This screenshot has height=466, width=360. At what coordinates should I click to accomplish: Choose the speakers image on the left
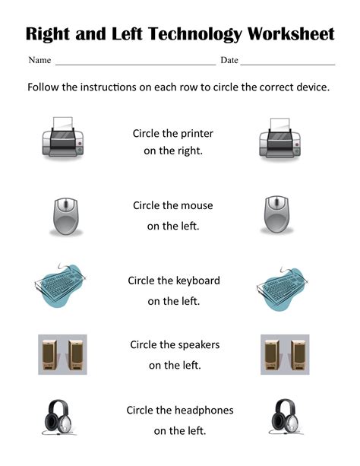[62, 354]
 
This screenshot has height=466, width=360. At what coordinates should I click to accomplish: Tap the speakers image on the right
[284, 354]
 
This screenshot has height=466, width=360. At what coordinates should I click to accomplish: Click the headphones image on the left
[62, 419]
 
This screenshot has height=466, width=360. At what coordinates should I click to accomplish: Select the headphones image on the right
[284, 419]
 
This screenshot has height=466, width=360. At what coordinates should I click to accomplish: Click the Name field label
[39, 60]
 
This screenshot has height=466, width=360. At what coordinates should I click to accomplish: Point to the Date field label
[229, 60]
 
